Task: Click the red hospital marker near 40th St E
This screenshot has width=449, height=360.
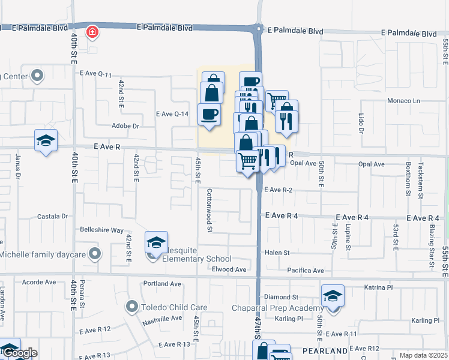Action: (92, 32)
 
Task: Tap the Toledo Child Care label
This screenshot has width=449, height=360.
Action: (174, 307)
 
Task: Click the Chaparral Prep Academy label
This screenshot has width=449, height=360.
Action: (277, 308)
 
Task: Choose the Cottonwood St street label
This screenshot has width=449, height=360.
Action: (209, 211)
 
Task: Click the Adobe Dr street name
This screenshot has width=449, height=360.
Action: (125, 126)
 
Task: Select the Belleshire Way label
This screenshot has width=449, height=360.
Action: (101, 230)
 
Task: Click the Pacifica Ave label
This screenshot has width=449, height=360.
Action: (306, 271)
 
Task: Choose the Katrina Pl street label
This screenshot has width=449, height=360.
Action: (378, 288)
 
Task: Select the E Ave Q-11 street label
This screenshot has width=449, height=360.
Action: (96, 74)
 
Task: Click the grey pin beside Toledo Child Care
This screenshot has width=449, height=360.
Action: (133, 307)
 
